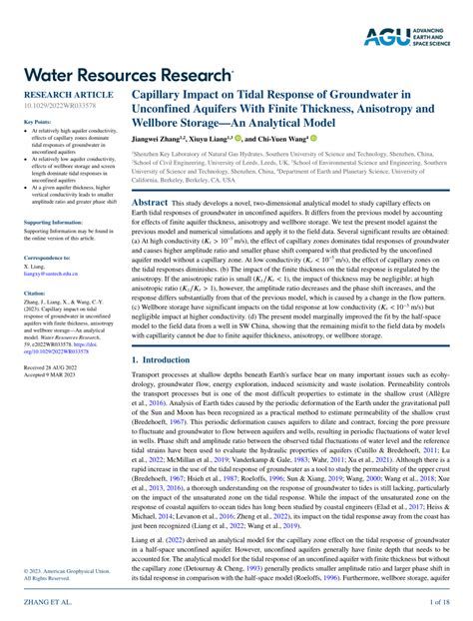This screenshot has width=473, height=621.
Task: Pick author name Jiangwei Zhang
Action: point(161,139)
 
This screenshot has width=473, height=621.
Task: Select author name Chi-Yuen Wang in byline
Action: point(279,139)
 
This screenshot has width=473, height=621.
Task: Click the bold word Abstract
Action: point(150,202)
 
